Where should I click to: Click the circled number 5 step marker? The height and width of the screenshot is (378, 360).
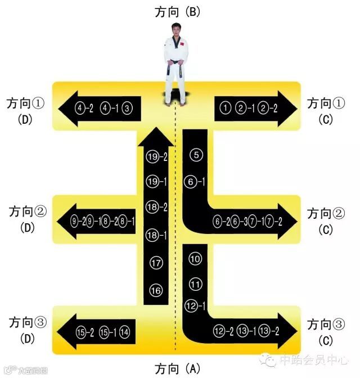coord(196,155)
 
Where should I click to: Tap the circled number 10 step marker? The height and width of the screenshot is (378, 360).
coord(195,259)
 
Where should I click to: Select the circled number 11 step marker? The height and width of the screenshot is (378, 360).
coord(195,283)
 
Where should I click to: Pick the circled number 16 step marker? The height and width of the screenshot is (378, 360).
coord(156,290)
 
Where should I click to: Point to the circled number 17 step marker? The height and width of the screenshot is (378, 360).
coord(156,263)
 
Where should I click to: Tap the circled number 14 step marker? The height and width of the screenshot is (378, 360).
coord(125,332)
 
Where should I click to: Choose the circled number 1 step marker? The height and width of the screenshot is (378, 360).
coord(226,107)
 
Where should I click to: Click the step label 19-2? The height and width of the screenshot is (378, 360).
coord(157,157)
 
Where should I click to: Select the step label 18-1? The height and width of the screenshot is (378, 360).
coord(157,235)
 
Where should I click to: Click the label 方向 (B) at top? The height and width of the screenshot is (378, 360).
coord(178,11)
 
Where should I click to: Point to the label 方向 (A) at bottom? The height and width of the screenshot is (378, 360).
coord(177,369)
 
